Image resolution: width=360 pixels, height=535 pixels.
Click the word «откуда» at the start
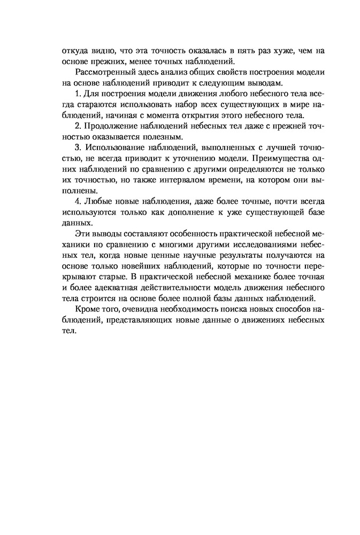pyautogui.click(x=62, y=51)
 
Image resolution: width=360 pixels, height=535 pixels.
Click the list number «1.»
pyautogui.click(x=79, y=94)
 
